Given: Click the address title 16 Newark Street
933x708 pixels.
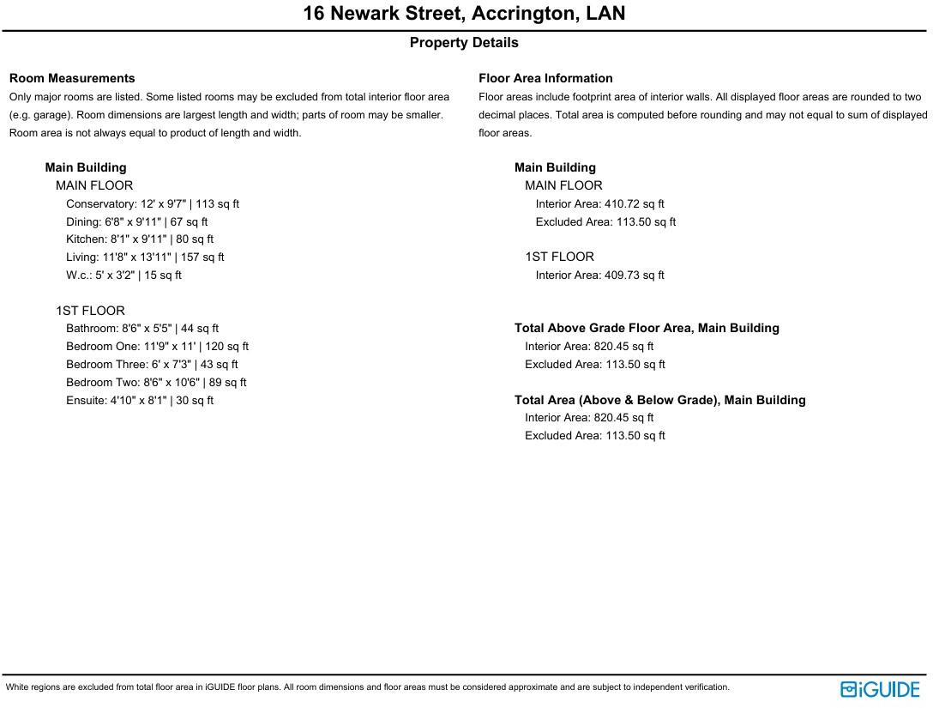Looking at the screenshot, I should pyautogui.click(x=464, y=14).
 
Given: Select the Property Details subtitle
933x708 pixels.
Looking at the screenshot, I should pyautogui.click(x=464, y=43).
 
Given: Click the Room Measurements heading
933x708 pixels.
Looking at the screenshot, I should pyautogui.click(x=72, y=78).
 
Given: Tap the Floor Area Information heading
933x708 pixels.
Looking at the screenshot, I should pyautogui.click(x=545, y=78).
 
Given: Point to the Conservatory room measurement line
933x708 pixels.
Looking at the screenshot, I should pyautogui.click(x=153, y=204).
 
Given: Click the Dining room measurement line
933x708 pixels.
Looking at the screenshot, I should pyautogui.click(x=137, y=222).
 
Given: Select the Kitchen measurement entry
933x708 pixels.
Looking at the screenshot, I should pyautogui.click(x=140, y=239).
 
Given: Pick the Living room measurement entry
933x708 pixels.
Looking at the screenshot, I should pyautogui.click(x=145, y=257).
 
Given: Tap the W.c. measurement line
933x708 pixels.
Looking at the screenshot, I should pyautogui.click(x=123, y=275).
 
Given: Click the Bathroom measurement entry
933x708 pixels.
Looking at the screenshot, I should pyautogui.click(x=142, y=329).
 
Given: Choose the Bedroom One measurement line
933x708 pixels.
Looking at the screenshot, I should pyautogui.click(x=157, y=347).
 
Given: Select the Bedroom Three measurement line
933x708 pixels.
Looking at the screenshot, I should pyautogui.click(x=152, y=365).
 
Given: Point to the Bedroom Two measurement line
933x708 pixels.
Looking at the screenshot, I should pyautogui.click(x=156, y=383).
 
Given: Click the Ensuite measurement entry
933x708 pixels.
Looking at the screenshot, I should pyautogui.click(x=140, y=401).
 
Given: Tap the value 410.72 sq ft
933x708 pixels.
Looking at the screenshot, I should pyautogui.click(x=634, y=204).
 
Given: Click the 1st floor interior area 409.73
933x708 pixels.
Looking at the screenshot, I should pyautogui.click(x=634, y=275).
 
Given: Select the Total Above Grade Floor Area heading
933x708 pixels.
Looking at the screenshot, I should pyautogui.click(x=647, y=329).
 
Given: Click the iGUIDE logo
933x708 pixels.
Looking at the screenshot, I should pyautogui.click(x=880, y=689).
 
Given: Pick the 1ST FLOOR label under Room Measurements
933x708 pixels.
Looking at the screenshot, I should pyautogui.click(x=90, y=311).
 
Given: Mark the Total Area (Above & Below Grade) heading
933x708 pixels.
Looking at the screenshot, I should pyautogui.click(x=659, y=400).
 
